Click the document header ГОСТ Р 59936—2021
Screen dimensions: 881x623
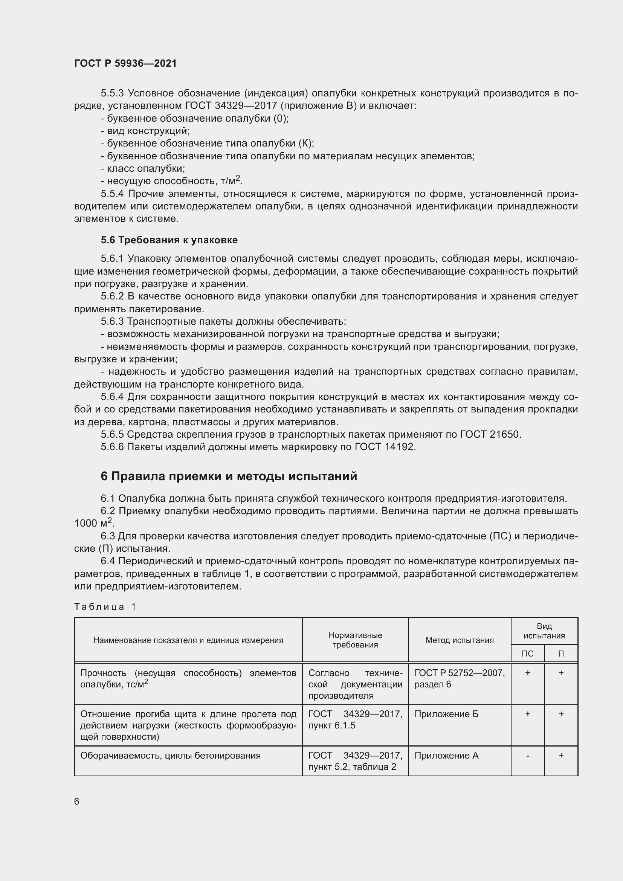125,63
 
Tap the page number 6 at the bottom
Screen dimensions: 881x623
77,802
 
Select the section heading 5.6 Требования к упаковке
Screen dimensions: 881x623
169,240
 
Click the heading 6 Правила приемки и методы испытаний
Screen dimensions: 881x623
229,476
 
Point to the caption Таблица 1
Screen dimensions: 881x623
105,607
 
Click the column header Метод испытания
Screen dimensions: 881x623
459,640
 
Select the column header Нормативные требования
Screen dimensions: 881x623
355,640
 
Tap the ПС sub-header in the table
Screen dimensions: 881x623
527,653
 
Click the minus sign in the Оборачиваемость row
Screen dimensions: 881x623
527,756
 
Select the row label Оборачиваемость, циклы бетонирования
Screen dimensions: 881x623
170,756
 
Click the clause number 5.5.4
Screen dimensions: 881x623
112,194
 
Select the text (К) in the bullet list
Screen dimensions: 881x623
305,144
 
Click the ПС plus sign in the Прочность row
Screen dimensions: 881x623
527,673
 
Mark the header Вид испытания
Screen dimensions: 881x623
544,631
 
